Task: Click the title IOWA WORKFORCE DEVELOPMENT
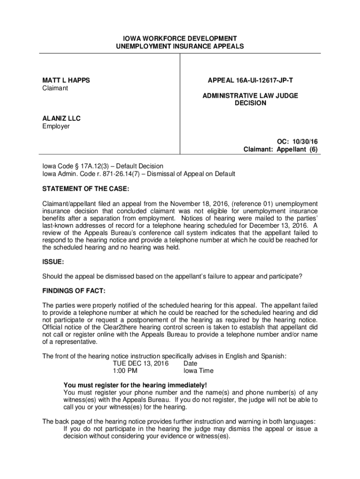(x=180, y=38)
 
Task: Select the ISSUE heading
(x=53, y=261)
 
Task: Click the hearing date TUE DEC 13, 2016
(x=141, y=363)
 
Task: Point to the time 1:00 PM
(x=125, y=371)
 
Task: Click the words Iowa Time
(x=198, y=371)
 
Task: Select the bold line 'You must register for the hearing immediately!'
(x=135, y=385)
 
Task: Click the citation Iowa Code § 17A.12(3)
(x=74, y=166)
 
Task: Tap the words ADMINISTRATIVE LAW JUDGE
(x=250, y=95)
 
